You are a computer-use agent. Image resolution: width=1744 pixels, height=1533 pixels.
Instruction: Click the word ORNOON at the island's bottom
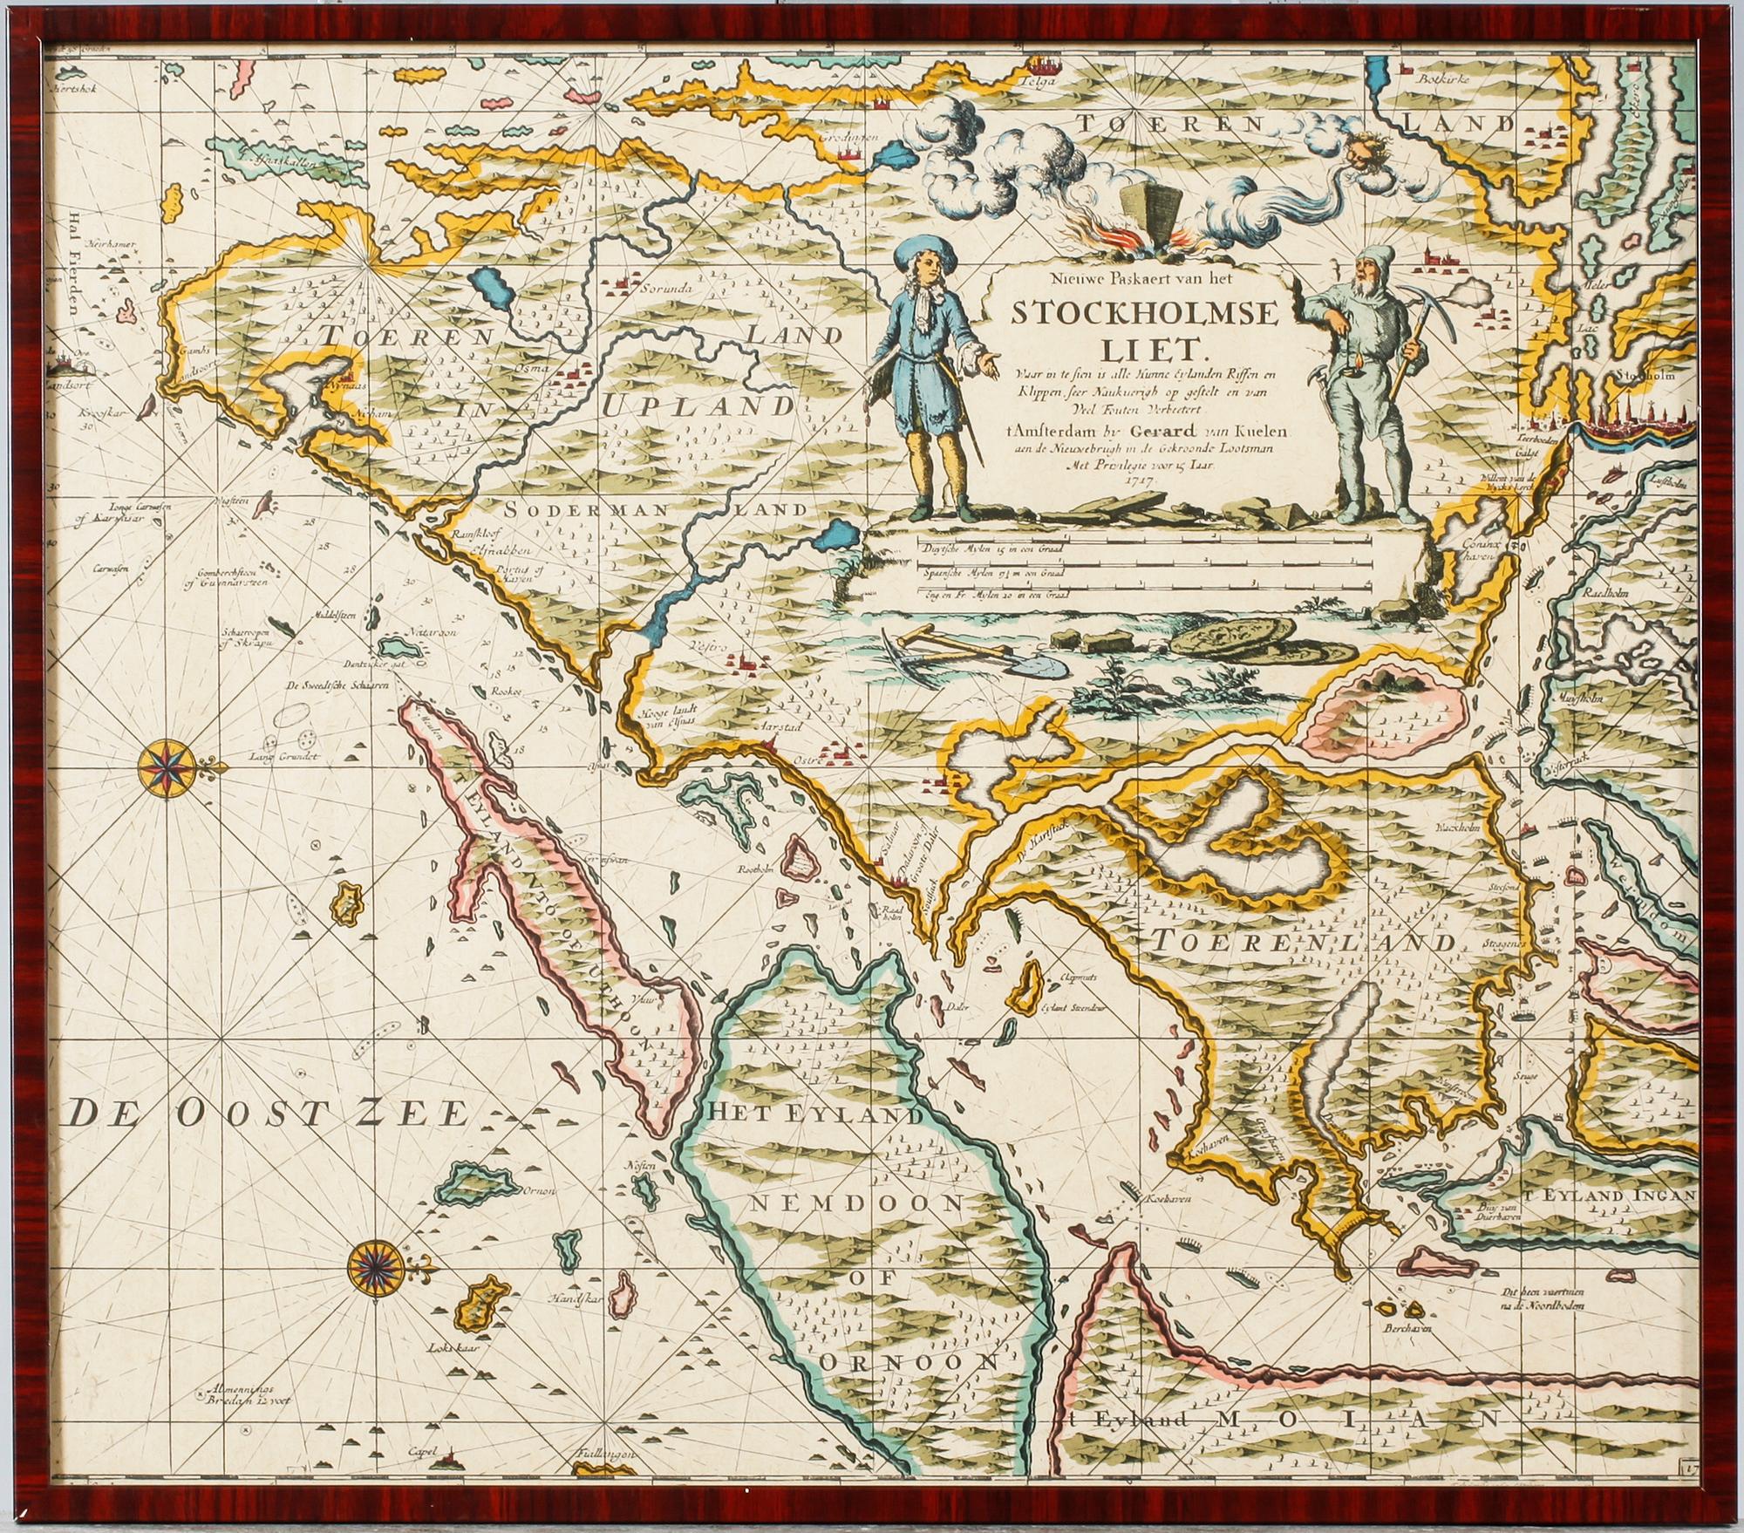click(x=906, y=1363)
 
